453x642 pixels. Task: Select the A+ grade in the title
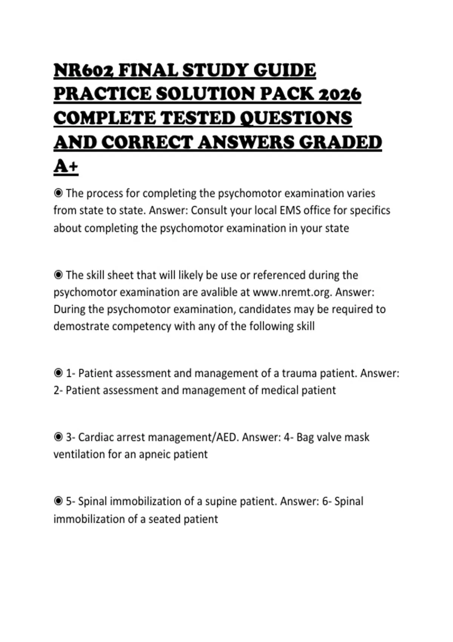(66, 166)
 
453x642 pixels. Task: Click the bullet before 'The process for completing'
(58, 193)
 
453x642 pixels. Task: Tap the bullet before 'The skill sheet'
(58, 275)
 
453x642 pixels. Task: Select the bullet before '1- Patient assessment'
(58, 373)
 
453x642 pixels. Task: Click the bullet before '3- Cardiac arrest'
(58, 437)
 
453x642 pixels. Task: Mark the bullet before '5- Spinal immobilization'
(58, 501)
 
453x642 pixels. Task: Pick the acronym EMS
(290, 210)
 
